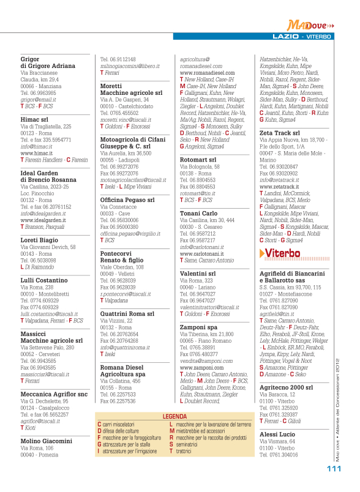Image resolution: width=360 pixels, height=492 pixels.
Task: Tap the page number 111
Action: click(333, 469)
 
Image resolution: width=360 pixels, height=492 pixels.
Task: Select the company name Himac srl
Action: click(34, 119)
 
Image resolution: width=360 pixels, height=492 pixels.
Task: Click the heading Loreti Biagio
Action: click(40, 240)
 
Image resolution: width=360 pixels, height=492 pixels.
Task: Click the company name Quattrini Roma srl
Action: click(127, 313)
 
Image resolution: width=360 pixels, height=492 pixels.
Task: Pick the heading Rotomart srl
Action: click(198, 160)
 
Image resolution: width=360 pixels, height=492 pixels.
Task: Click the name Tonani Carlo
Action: click(198, 214)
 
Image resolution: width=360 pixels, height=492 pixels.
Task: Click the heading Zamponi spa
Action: click(198, 327)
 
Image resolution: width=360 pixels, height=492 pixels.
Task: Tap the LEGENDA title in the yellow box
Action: click(174, 399)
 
